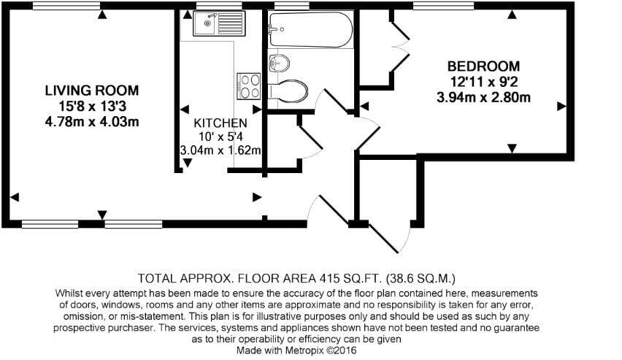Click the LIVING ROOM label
tap(91, 91)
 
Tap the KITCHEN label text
tap(220, 123)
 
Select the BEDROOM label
tap(483, 66)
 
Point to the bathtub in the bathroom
tap(310, 29)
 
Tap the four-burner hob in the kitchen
tap(249, 85)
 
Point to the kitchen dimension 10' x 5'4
tap(220, 137)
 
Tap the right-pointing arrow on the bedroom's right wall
tap(562, 107)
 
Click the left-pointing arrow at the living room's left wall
tap(15, 197)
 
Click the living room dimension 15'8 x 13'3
tap(91, 106)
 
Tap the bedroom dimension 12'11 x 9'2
tap(483, 82)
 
